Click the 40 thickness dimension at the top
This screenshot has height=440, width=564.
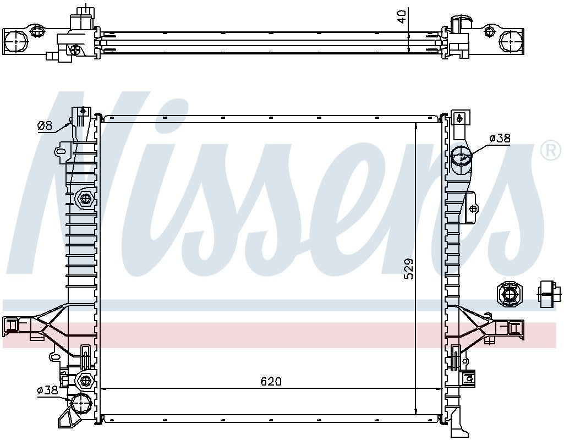[x=403, y=16]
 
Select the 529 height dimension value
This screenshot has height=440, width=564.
[x=408, y=268]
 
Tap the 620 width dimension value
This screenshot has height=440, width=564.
[x=271, y=381]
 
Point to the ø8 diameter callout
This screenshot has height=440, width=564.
[x=45, y=126]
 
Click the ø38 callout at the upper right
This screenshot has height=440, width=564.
[x=499, y=139]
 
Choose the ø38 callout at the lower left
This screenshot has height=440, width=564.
[x=47, y=391]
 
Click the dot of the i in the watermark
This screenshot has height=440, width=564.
[x=165, y=117]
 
